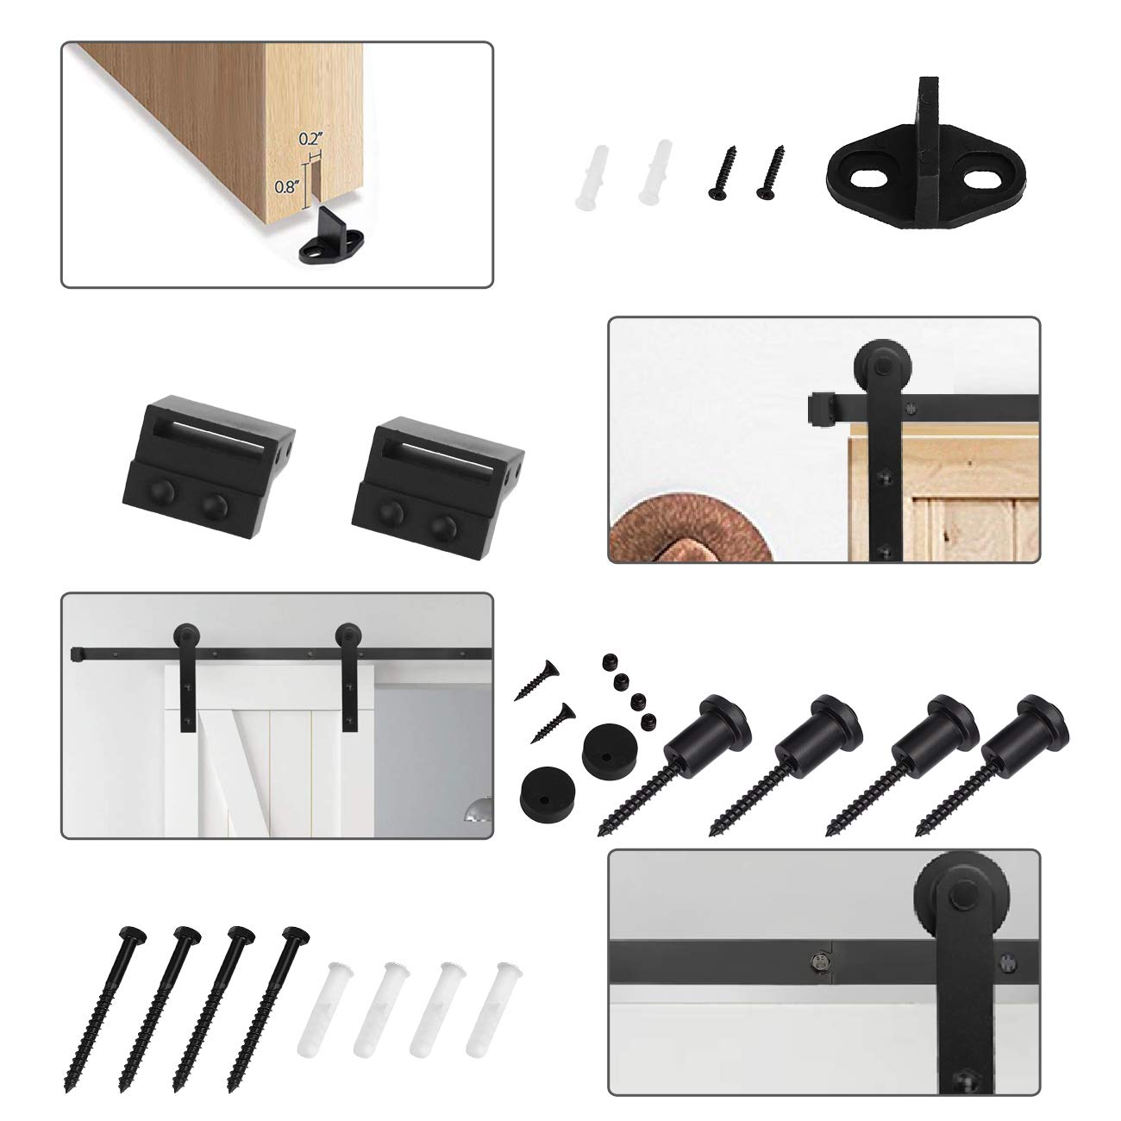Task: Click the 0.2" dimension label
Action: [310, 138]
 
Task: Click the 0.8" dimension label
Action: [285, 185]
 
